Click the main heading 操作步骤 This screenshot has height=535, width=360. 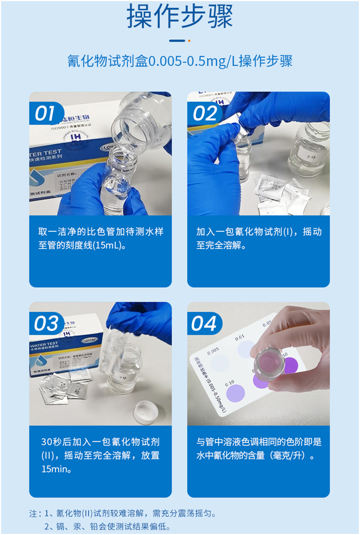tap(179, 17)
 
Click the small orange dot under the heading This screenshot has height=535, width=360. tap(189, 40)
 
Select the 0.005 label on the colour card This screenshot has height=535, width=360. tap(214, 351)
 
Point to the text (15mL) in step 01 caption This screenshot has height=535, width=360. tap(110, 246)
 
